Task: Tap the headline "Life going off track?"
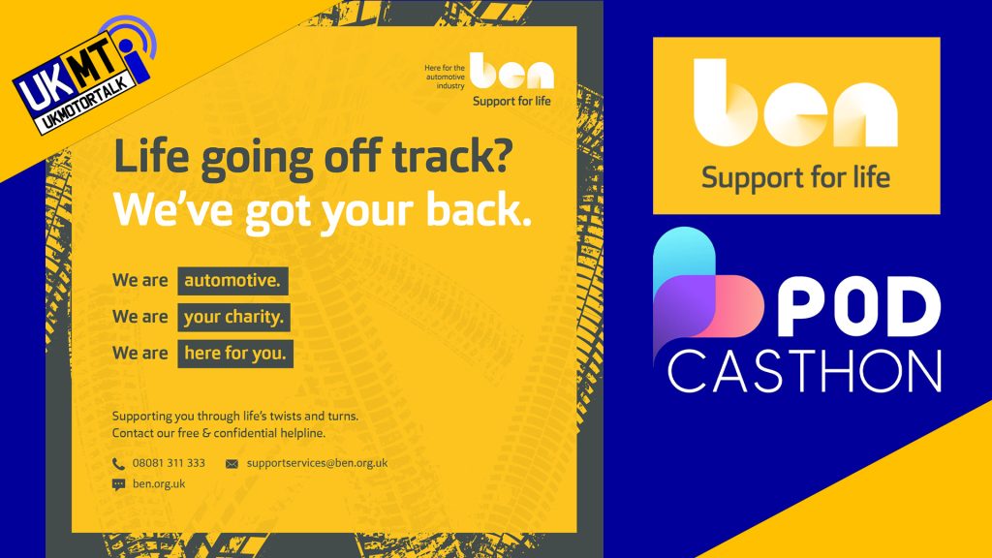[313, 158]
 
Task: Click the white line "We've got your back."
[322, 209]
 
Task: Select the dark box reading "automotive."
[232, 281]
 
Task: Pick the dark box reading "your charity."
[233, 317]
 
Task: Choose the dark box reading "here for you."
[235, 354]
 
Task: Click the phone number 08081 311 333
[169, 463]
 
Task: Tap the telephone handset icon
[118, 464]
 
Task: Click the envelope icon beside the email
[232, 464]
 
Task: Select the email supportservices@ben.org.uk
[317, 463]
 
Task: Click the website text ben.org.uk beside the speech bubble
[159, 484]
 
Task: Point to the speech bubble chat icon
[118, 484]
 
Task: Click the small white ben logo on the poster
[511, 71]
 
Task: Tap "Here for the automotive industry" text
[445, 77]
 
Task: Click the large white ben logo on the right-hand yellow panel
[796, 103]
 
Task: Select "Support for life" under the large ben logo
[796, 178]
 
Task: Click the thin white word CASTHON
[805, 372]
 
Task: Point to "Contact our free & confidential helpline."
[219, 433]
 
